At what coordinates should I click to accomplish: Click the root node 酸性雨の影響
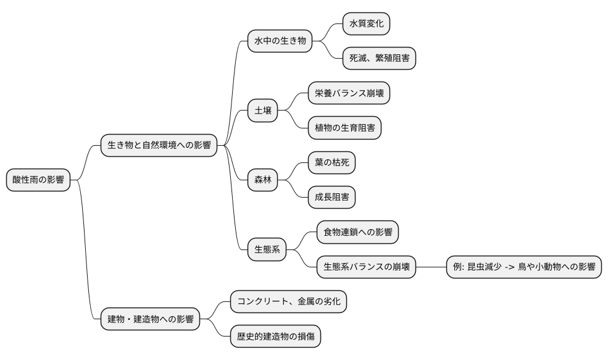point(38,180)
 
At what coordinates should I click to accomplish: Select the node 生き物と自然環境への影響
point(159,146)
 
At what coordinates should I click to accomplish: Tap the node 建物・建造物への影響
point(150,319)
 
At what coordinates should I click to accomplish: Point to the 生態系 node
point(267,249)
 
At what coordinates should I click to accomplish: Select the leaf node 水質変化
point(367,24)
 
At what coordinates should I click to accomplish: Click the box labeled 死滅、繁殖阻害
point(379,59)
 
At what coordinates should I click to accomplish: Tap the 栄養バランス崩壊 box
point(349,93)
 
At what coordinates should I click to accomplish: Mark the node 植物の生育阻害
point(344,128)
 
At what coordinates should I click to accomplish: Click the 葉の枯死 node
point(332,163)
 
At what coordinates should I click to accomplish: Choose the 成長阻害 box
point(332,198)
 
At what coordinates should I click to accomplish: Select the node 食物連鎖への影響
point(357,232)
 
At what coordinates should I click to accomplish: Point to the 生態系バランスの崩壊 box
point(366,267)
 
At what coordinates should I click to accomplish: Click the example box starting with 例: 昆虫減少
point(523,267)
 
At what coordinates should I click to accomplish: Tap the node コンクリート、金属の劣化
point(288,302)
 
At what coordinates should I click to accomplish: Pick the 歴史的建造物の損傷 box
point(275,337)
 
